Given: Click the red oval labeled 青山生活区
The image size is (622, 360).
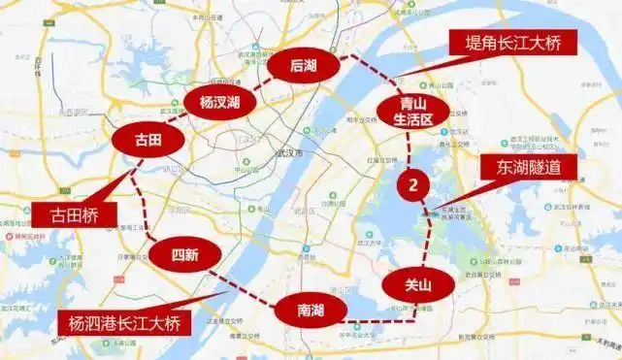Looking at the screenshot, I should [412, 111].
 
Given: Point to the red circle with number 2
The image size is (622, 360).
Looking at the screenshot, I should [413, 183].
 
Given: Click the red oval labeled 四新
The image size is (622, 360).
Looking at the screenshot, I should [185, 255].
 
